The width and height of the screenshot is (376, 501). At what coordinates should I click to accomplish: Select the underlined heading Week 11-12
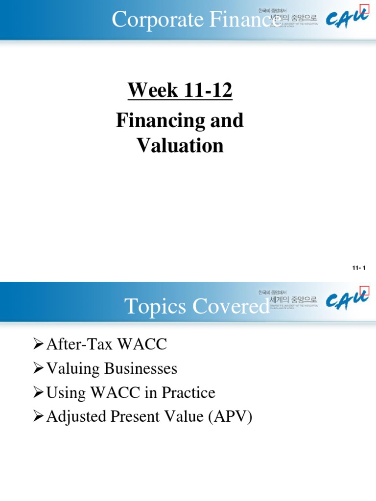(x=180, y=91)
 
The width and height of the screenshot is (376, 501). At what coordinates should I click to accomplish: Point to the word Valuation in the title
(x=180, y=145)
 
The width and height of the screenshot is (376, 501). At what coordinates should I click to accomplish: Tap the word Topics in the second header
(x=153, y=307)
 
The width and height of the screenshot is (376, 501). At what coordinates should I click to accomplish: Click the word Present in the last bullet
(x=132, y=417)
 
